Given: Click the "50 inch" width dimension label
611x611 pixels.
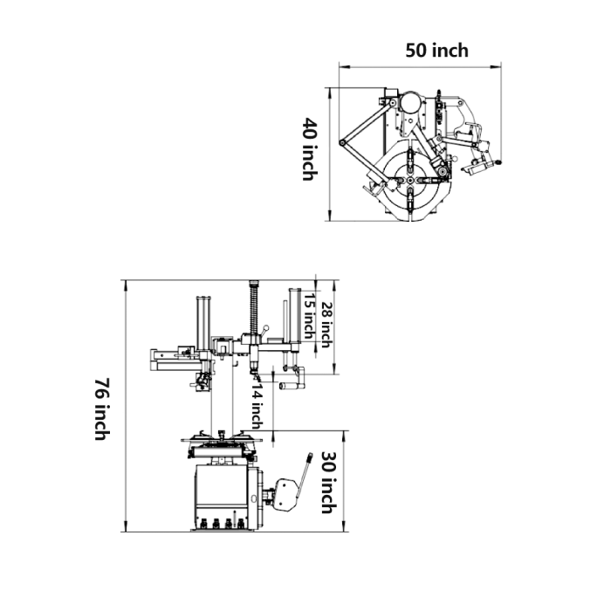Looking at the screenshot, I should (x=436, y=50).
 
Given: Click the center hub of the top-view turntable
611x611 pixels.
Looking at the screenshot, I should (x=410, y=180).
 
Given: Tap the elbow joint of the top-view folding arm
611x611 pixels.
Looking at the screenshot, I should (x=342, y=142).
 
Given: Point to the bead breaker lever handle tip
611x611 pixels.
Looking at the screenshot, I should (x=309, y=457).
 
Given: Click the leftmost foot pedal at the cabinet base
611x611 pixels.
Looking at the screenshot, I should (x=203, y=525).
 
